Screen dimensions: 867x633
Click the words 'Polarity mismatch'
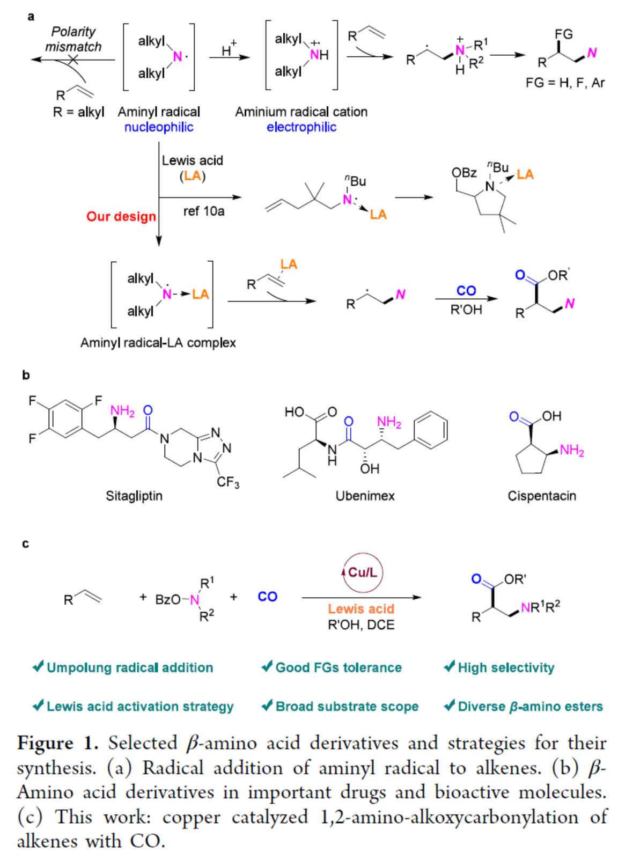(x=73, y=39)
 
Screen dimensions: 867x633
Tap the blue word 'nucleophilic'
(x=159, y=127)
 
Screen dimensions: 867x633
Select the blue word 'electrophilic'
(x=301, y=127)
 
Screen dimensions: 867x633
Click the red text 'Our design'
(x=121, y=216)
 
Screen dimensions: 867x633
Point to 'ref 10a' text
(x=204, y=211)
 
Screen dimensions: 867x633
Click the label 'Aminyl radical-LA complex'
(x=158, y=343)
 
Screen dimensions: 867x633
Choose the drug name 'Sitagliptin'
(x=134, y=496)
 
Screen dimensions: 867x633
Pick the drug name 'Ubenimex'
(x=365, y=496)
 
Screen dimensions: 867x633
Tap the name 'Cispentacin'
(x=542, y=496)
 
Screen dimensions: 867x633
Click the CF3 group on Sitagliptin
(x=228, y=482)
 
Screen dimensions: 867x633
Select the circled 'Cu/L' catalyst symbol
(x=363, y=572)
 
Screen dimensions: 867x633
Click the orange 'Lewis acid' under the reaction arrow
(x=361, y=609)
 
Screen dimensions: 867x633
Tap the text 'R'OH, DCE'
(x=361, y=625)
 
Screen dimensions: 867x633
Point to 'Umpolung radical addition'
(x=130, y=667)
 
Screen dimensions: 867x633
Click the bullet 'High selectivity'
(x=506, y=667)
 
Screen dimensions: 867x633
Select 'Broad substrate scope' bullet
(x=347, y=707)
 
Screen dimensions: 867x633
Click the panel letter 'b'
(x=26, y=375)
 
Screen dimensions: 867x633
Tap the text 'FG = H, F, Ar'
(x=565, y=83)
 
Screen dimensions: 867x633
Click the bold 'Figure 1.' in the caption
(x=58, y=743)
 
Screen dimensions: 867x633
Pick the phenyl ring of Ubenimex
(x=431, y=430)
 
